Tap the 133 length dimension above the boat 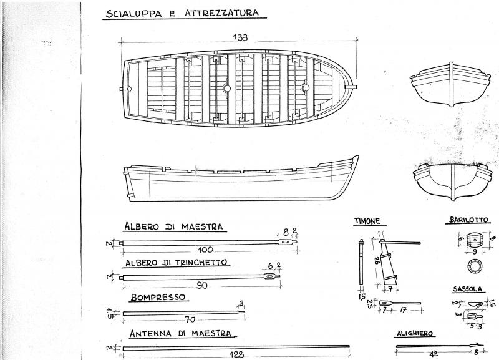pos(240,37)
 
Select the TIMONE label pos(367,221)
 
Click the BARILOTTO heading pos(468,220)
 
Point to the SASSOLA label pos(467,289)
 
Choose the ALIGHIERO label pos(415,334)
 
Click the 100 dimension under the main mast pos(205,250)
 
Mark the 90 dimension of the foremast pos(202,286)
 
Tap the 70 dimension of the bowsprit pos(190,319)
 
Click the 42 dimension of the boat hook pos(434,353)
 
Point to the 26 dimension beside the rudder pos(376,261)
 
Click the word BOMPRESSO pos(158,297)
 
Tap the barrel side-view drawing pos(474,239)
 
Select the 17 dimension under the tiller pos(404,309)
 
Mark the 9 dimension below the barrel pos(475,251)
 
